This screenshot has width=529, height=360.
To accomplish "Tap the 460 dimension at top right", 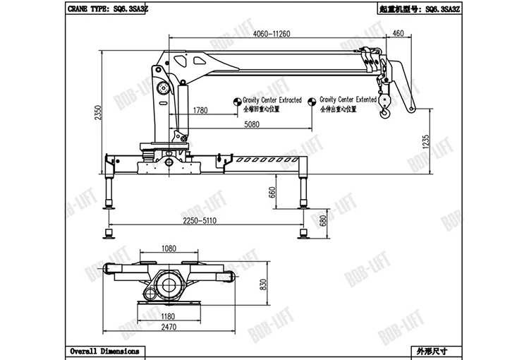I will [398, 34].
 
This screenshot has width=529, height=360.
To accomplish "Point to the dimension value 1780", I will [200, 110].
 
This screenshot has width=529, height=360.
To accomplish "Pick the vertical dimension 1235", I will [424, 140].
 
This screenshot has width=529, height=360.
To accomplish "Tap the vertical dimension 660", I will [272, 193].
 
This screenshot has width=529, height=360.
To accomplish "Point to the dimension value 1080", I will [169, 248].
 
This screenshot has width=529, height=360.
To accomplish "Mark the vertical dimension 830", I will [263, 283].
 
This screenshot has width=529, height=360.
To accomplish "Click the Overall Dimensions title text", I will [104, 351].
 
